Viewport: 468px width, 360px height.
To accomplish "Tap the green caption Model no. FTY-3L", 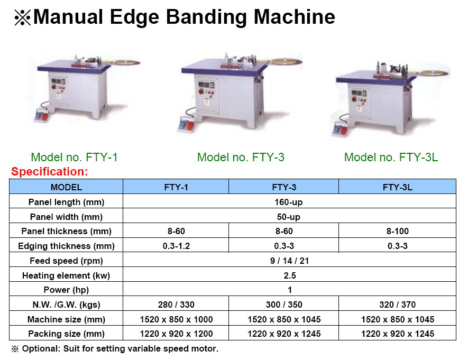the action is pyautogui.click(x=391, y=157).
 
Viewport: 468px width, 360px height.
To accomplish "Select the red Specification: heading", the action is pyautogui.click(x=50, y=171).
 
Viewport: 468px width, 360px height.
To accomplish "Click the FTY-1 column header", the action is pyautogui.click(x=176, y=187).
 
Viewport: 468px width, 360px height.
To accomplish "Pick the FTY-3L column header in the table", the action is pyautogui.click(x=398, y=187).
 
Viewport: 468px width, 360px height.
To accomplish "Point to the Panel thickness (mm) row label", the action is pyautogui.click(x=66, y=231).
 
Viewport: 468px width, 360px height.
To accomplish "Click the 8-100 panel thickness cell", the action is pyautogui.click(x=398, y=231).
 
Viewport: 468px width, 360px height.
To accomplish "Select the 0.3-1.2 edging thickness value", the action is pyautogui.click(x=176, y=246).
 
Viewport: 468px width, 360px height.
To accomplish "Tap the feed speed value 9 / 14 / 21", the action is pyautogui.click(x=289, y=261).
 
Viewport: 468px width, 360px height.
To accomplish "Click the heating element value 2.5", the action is pyautogui.click(x=289, y=275).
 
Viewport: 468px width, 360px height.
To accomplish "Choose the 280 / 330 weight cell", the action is pyautogui.click(x=176, y=304).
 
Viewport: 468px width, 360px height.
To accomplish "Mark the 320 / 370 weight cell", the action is pyautogui.click(x=398, y=304).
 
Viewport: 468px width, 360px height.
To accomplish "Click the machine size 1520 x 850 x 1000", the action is pyautogui.click(x=176, y=319).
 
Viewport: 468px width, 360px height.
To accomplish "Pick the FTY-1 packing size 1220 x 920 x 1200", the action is pyautogui.click(x=176, y=334).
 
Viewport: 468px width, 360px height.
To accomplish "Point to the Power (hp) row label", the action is pyautogui.click(x=66, y=290).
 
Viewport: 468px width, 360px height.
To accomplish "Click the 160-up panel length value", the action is pyautogui.click(x=289, y=202).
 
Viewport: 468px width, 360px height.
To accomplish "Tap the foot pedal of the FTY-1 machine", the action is pyautogui.click(x=41, y=115).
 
